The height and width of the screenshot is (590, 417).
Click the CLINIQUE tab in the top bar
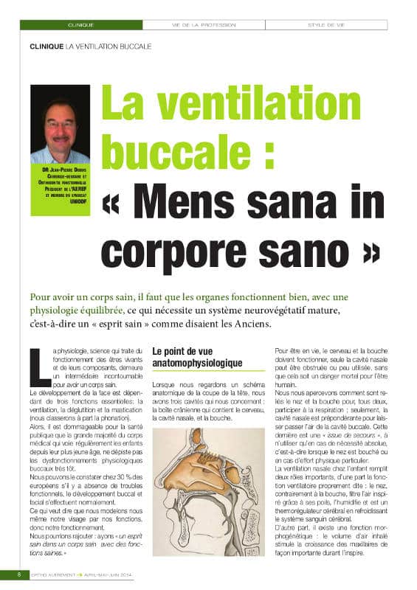(80, 24)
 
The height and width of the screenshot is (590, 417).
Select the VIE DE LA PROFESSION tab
(204, 24)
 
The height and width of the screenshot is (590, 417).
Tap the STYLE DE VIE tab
(327, 24)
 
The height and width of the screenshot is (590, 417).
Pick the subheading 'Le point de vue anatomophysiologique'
(197, 358)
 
